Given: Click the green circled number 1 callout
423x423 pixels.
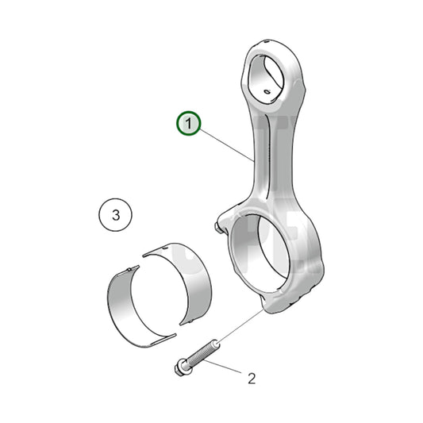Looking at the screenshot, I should click(189, 124).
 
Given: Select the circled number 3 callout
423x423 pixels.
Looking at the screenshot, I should click(116, 214).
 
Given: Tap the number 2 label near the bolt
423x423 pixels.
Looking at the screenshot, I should click(252, 379).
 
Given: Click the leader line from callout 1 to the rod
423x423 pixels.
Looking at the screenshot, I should click(226, 144).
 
